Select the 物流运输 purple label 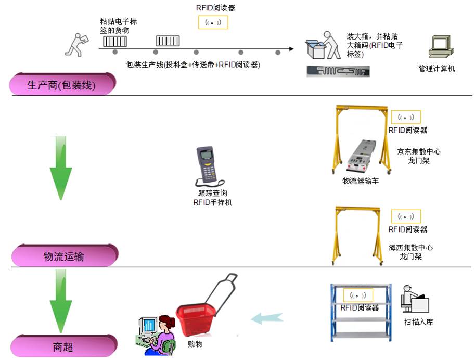tap(64, 256)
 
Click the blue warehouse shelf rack tap(360, 312)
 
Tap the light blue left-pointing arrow tap(267, 318)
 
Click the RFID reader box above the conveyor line tap(213, 22)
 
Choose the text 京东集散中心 tap(419, 152)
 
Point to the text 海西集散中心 tap(410, 248)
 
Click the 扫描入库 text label tap(418, 322)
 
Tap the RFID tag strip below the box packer tap(338, 70)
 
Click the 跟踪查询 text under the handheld tap(213, 193)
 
